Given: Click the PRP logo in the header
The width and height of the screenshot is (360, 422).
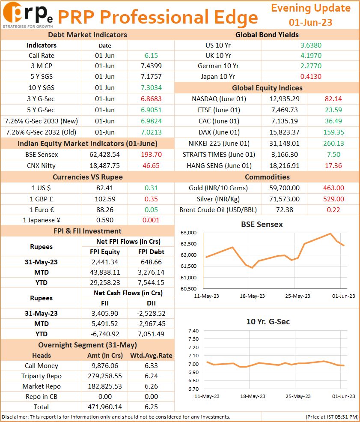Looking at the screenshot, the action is tap(28, 15).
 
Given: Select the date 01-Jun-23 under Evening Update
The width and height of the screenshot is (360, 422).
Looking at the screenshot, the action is tap(310, 22).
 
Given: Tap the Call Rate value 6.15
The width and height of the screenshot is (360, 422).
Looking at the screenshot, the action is tap(151, 55).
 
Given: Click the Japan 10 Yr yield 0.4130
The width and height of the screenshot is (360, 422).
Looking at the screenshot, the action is tap(311, 76).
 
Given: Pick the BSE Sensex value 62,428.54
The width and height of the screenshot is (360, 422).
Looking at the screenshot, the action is tap(104, 155).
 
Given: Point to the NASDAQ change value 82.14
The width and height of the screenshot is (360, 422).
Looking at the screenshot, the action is tap(333, 99).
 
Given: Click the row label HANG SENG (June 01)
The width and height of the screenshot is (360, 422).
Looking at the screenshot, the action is tap(219, 165).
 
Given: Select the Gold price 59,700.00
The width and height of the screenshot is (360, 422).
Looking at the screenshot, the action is tap(285, 188).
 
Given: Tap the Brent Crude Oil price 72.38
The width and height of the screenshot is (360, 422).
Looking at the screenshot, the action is tap(285, 210).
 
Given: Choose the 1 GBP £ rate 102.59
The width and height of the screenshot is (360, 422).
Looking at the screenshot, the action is tap(105, 199).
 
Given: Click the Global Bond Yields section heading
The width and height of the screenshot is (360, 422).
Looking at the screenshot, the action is tap(267, 35).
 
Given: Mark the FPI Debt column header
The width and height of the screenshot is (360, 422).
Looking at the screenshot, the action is tap(151, 251).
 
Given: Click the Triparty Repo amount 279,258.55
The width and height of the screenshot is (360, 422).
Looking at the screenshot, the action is tap(105, 376).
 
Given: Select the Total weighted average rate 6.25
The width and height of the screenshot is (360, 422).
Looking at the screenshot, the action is tap(151, 407).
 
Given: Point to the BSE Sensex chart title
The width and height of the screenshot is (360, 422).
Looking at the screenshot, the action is tap(262, 224).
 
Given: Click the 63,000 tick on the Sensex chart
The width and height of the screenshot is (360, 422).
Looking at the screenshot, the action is tap(188, 233).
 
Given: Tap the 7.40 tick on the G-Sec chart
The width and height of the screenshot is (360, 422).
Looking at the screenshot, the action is tap(193, 331).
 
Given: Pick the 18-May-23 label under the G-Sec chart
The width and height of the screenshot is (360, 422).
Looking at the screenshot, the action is tap(253, 396).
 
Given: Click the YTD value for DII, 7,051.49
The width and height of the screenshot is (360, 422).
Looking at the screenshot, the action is tap(151, 334).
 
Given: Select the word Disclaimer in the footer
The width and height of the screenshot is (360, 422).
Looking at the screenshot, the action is tap(15, 417).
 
